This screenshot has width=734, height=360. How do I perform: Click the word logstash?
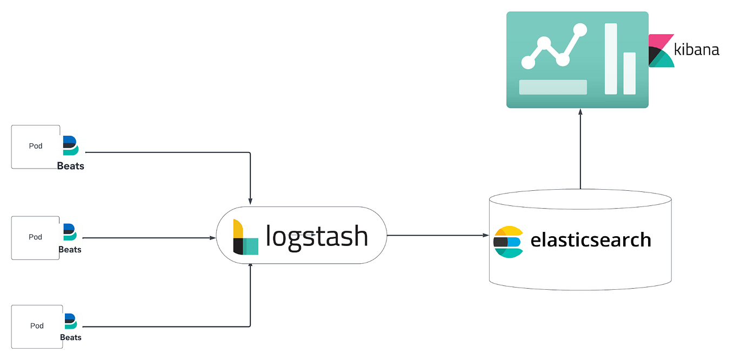click(317, 236)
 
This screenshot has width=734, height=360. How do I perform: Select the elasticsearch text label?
click(591, 239)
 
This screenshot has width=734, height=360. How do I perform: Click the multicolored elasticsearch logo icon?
click(509, 241)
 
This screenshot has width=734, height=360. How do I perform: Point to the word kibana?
click(697, 50)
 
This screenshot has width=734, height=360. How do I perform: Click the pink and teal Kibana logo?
click(660, 51)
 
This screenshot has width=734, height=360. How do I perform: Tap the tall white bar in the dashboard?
click(611, 58)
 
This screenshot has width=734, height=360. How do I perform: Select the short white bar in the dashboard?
click(629, 73)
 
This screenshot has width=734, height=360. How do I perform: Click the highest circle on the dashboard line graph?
click(580, 30)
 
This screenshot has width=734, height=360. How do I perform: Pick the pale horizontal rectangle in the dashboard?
click(553, 87)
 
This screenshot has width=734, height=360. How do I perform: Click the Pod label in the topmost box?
click(36, 146)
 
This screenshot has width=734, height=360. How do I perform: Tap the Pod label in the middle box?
click(36, 237)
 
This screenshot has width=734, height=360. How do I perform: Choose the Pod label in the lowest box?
click(37, 325)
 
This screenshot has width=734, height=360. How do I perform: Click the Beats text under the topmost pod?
click(71, 166)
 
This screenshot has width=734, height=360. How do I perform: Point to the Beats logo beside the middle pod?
click(70, 232)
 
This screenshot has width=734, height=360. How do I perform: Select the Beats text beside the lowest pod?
click(71, 337)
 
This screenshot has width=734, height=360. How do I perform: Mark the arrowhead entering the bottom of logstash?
click(250, 267)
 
